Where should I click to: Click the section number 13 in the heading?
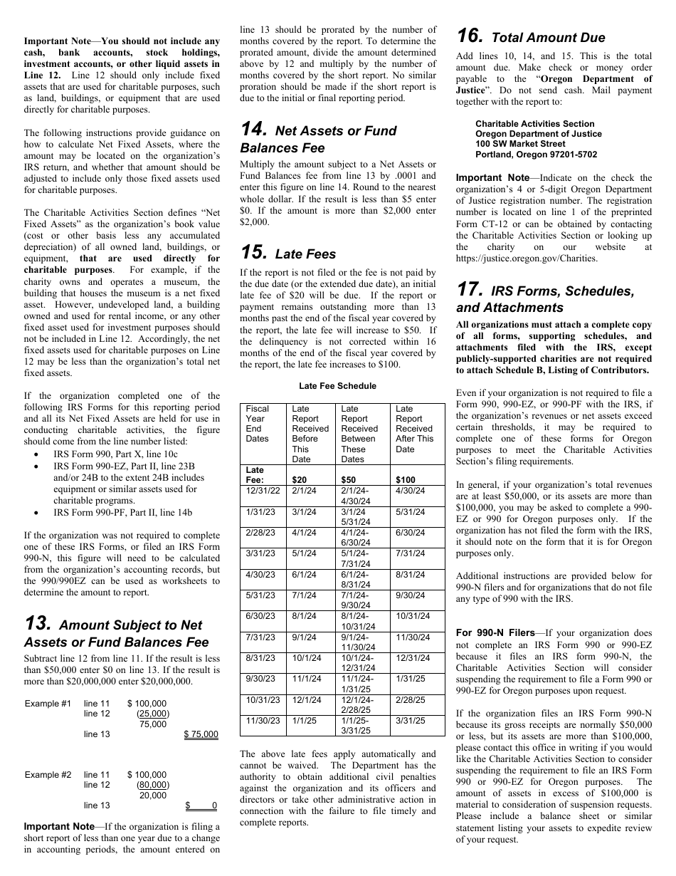pos(37,624)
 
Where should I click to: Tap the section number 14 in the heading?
pos(254,130)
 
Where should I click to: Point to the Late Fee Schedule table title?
pos(338,386)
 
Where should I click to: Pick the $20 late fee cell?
pos(300,480)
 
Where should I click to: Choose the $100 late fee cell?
pos(406,480)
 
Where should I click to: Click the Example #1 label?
pos(48,704)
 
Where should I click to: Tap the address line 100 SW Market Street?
pos(521,144)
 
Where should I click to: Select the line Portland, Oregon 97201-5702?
pos(536,155)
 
